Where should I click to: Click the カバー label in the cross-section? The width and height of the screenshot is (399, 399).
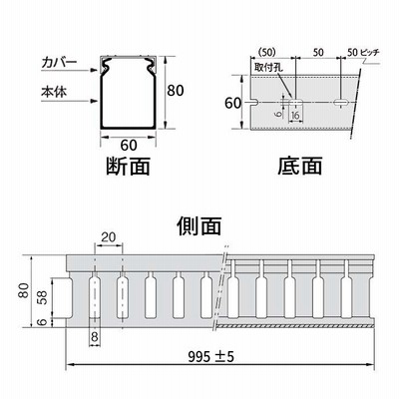59,62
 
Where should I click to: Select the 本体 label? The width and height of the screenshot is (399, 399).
54,92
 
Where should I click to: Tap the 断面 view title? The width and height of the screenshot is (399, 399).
128,166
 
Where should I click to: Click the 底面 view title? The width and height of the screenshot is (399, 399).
300,166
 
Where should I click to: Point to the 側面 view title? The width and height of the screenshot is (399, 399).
199,226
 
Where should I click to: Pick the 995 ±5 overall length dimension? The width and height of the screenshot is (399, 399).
211,357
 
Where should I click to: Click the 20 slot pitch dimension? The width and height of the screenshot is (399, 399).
109,237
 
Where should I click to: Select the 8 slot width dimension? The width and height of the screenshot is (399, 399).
95,337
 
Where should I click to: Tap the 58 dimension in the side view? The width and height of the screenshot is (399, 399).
44,297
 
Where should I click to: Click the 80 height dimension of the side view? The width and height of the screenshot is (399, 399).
24,290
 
